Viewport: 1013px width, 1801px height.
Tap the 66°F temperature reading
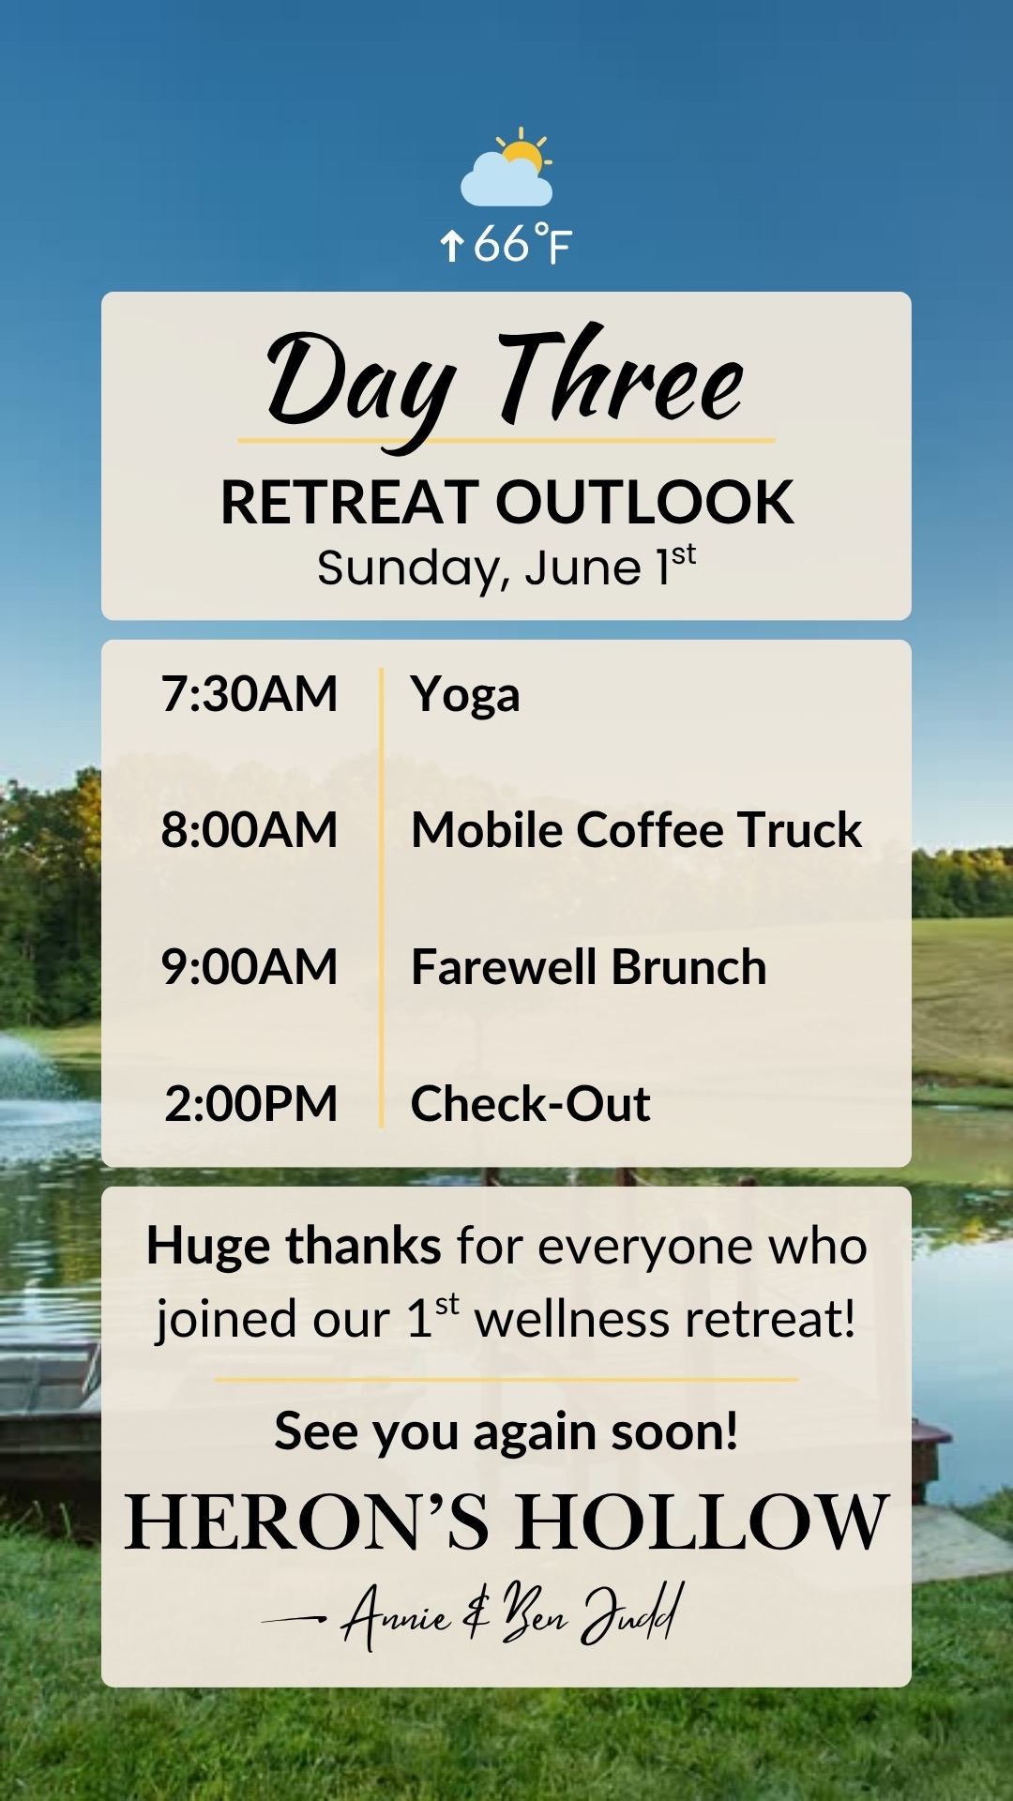tap(522, 244)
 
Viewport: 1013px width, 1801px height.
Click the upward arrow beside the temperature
tap(452, 246)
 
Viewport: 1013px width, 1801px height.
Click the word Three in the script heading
tap(620, 375)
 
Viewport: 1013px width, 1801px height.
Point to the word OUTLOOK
tap(645, 502)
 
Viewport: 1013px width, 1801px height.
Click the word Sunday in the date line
tap(413, 569)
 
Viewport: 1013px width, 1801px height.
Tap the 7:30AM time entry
tap(249, 694)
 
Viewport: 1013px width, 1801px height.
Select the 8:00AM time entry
tap(249, 830)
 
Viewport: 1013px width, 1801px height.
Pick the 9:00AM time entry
tap(249, 967)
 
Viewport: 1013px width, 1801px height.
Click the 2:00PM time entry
tap(250, 1104)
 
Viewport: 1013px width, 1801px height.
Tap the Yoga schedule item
tap(465, 697)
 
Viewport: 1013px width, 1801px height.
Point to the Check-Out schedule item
tap(531, 1104)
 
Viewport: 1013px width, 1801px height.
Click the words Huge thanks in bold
tap(294, 1247)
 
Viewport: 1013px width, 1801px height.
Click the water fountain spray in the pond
tap(28, 1069)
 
